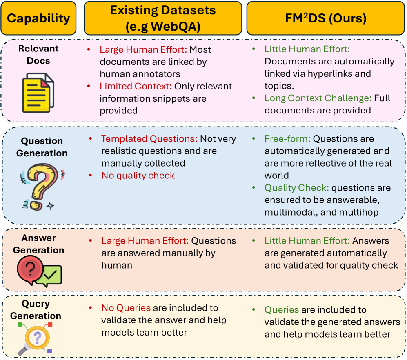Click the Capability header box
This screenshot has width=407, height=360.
tap(38, 18)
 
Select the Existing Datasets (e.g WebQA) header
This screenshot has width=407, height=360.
tap(162, 18)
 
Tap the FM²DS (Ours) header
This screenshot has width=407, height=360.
tap(325, 18)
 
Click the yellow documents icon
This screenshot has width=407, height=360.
tap(38, 92)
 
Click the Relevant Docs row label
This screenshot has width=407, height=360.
tap(38, 55)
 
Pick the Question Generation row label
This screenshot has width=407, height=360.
tap(42, 147)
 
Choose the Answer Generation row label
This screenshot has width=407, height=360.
tap(38, 244)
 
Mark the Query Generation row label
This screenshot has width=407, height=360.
tap(36, 310)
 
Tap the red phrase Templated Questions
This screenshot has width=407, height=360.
tap(149, 139)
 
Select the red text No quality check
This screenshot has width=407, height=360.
tap(138, 176)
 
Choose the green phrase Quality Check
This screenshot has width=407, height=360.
tap(296, 188)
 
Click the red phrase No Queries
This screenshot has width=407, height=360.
tap(126, 308)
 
